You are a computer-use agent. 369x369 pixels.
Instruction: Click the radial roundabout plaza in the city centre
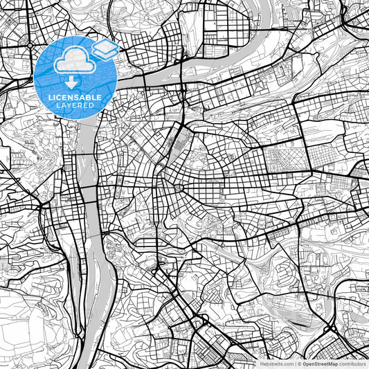point(178,188)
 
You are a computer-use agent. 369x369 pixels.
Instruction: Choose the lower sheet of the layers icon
point(105,53)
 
